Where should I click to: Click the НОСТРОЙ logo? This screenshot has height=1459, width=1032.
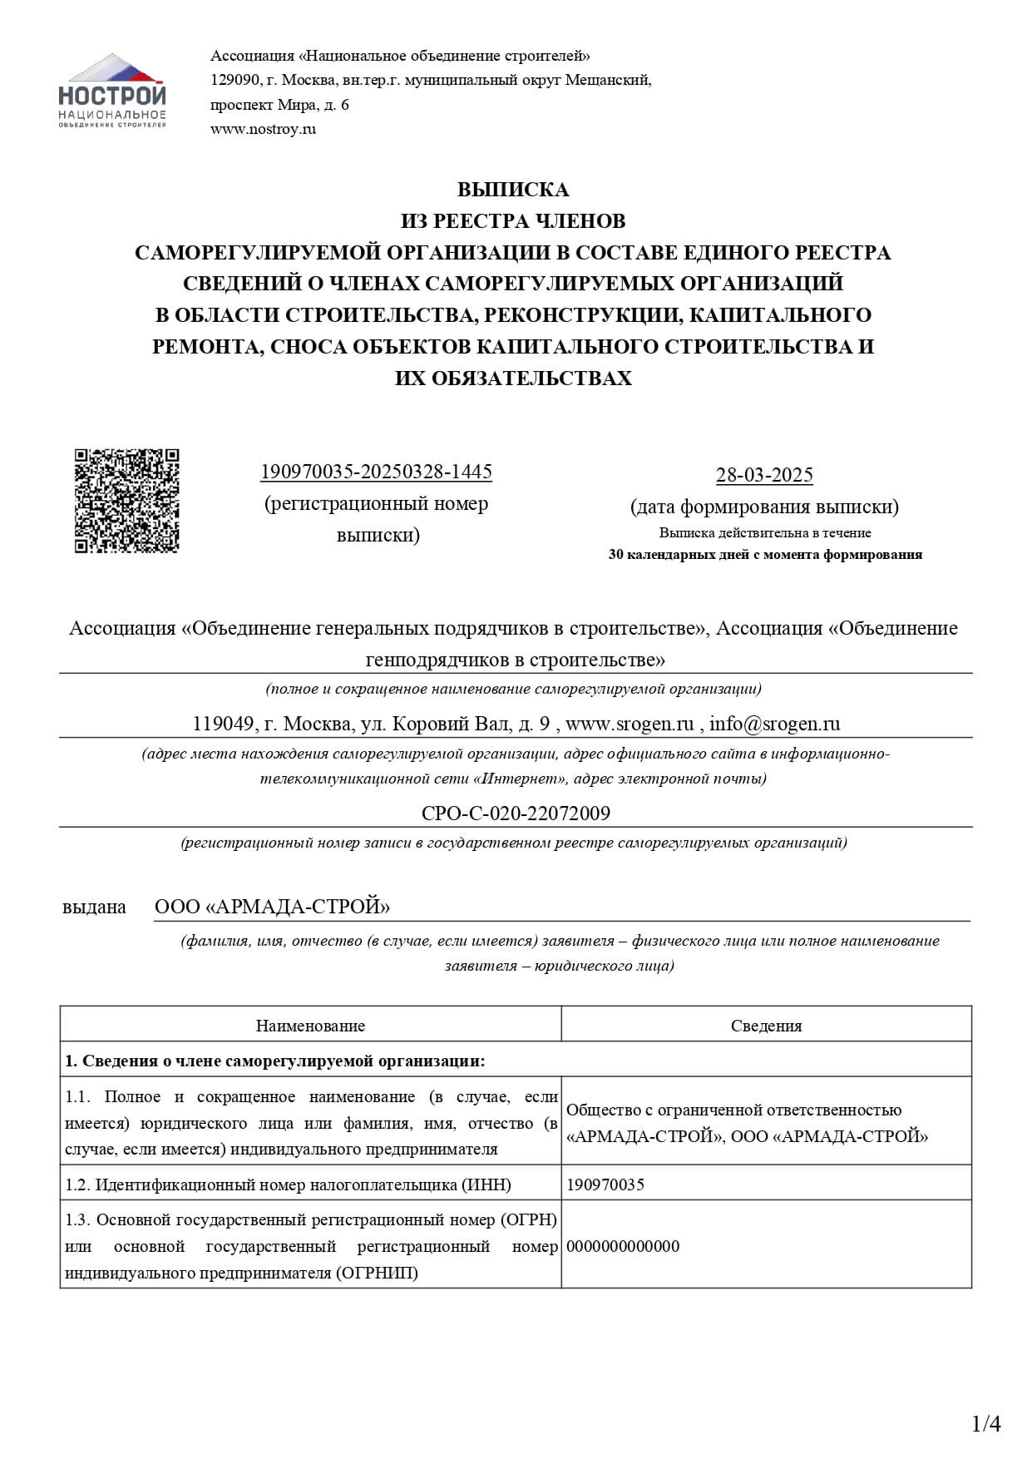coord(112,91)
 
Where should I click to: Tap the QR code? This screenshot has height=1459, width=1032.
coord(127,501)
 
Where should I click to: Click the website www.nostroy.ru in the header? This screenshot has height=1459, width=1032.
coord(263,129)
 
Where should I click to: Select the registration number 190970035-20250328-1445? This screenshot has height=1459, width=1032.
coord(376,472)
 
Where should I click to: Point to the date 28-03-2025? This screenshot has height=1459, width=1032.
coord(764,476)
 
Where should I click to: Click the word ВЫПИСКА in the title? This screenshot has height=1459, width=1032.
coord(513,190)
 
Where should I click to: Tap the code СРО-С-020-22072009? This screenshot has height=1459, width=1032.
coord(516,813)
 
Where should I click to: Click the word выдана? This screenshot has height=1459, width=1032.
coord(94,907)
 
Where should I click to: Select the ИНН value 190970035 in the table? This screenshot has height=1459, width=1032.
coord(605,1185)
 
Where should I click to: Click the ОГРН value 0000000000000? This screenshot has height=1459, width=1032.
coord(623,1246)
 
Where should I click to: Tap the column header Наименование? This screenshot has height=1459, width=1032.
coord(310,1026)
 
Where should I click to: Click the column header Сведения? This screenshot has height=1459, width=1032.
coord(766,1026)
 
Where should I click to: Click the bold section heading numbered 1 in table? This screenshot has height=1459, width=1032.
coord(274,1061)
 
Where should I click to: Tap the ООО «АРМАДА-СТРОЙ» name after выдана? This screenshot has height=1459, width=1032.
coord(272,907)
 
